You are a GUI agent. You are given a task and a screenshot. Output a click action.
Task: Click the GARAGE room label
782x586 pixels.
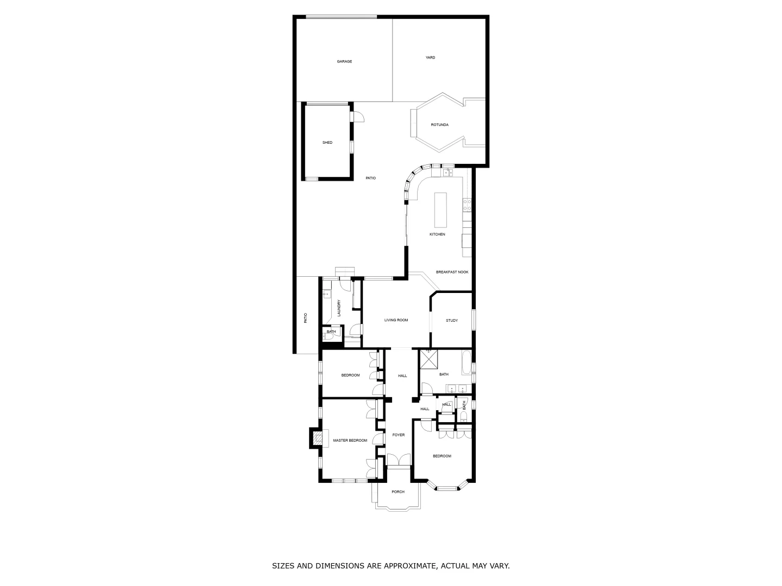coord(344,61)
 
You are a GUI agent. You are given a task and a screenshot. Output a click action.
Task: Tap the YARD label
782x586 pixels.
coord(430,58)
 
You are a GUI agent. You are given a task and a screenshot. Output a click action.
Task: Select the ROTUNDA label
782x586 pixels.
coord(439,125)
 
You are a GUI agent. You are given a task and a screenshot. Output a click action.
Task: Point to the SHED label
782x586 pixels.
coord(327,143)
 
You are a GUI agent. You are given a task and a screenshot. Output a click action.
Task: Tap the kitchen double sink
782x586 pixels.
coord(448,173)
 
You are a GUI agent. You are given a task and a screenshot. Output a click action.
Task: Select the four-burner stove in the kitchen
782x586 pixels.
coord(466,205)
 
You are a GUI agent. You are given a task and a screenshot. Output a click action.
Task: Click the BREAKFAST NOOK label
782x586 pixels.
coord(452,272)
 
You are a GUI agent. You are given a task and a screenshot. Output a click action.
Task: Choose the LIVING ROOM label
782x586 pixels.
coord(396,320)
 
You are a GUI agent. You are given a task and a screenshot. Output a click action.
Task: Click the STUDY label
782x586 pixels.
coord(452,320)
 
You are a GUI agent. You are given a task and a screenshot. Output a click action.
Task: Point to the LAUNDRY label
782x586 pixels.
coord(339,308)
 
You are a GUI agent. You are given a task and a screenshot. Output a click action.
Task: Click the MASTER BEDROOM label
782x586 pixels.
coord(350,441)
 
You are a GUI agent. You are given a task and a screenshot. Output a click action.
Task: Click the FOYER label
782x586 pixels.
coord(399,435)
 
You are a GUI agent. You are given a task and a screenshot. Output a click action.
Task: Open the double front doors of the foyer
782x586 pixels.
coord(399,460)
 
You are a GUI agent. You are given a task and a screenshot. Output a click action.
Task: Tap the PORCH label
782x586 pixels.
coord(398,492)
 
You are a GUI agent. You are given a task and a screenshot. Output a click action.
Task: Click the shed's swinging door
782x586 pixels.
coord(358,117)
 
